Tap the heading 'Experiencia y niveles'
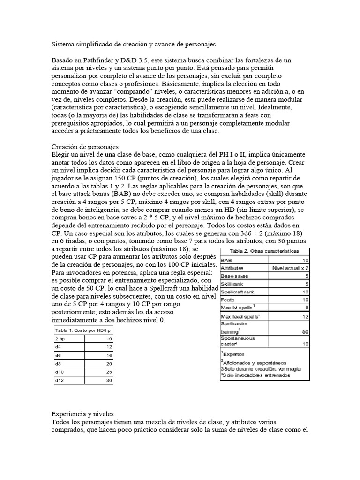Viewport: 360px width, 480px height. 88,415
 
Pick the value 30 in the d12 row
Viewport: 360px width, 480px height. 110,380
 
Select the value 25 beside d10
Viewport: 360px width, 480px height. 110,372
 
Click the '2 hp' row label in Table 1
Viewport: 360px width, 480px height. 60,338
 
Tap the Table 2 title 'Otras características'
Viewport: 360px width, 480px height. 265,251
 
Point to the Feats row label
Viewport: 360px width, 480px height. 228,299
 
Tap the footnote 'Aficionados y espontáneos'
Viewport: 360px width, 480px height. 254,362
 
